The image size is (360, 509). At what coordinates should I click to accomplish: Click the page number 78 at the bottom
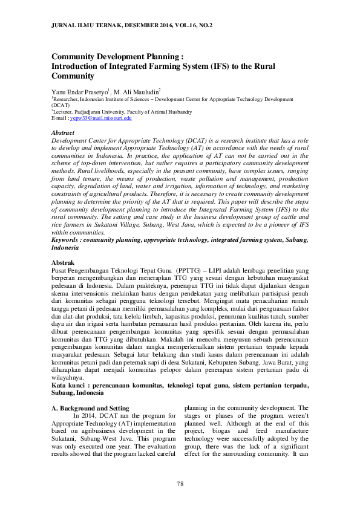[180, 484]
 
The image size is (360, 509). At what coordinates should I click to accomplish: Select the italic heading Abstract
[63, 132]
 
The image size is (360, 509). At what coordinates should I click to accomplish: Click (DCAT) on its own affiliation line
[61, 105]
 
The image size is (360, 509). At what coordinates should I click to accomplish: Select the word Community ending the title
[73, 77]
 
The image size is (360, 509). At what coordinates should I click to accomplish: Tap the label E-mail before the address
[60, 118]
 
